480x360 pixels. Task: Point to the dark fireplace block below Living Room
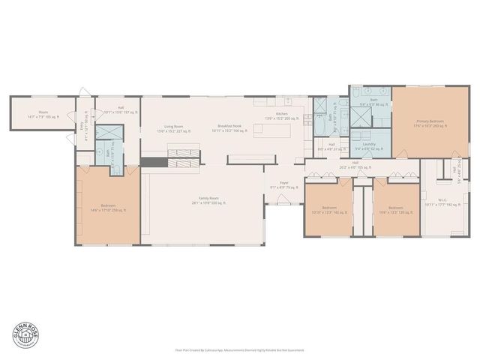155,162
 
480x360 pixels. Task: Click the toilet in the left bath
100,151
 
